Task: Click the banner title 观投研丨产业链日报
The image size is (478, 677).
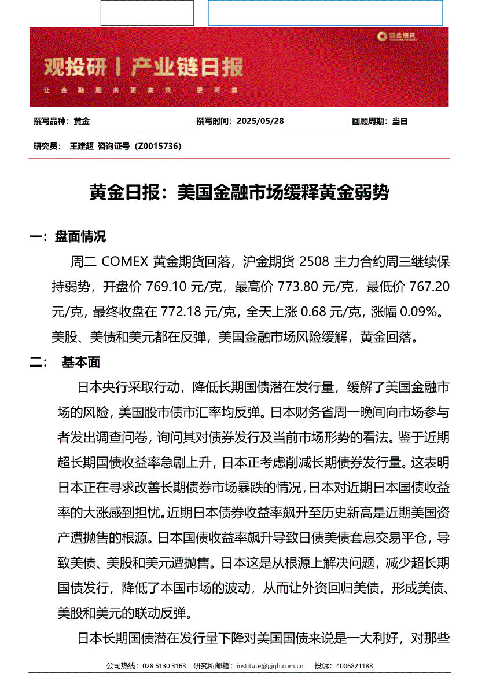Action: pos(144,68)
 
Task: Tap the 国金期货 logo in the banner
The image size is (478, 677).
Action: pos(397,36)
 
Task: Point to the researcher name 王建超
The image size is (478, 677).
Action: pos(82,146)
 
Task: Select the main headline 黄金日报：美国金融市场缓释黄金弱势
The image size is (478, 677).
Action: pos(238,192)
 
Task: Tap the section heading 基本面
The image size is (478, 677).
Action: pos(80,362)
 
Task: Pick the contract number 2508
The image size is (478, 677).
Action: pos(314,262)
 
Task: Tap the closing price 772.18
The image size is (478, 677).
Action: pos(181,312)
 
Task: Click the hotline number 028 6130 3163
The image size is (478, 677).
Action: pos(164,666)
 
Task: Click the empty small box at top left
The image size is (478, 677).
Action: pos(147,13)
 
